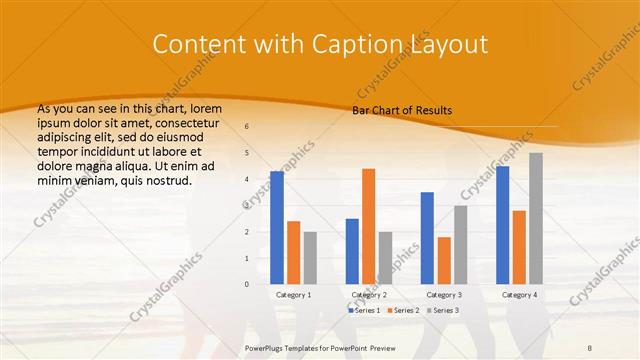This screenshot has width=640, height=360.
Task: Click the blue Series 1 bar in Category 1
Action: pos(277,228)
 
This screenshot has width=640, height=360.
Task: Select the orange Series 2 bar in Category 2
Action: pos(368,226)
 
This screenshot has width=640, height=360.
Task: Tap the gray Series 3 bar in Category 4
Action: pos(536,218)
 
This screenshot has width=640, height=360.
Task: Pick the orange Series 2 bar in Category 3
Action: pos(444,260)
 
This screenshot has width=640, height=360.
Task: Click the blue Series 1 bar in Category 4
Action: pos(502,225)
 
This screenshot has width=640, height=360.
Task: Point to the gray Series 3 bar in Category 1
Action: pos(310,258)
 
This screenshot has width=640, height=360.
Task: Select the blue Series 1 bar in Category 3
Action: pos(427,238)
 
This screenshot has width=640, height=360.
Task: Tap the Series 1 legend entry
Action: pos(364,311)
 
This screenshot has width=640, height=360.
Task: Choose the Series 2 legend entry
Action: pos(402,311)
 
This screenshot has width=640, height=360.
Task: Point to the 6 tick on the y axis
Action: pos(247,127)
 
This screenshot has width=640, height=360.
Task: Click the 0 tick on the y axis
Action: pos(247,284)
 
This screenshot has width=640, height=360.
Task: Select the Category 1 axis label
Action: pos(293,295)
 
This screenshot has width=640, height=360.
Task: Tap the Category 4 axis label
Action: pos(518,295)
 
